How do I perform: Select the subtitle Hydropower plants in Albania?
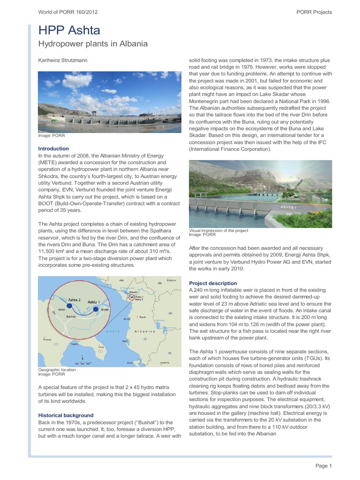[x=93, y=44]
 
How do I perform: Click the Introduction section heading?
[x=53, y=149]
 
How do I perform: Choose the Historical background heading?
[x=65, y=415]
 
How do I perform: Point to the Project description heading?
[x=212, y=284]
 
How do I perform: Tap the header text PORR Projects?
[x=315, y=12]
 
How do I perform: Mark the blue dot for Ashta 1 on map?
[x=96, y=309]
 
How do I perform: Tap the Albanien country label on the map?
[x=145, y=331]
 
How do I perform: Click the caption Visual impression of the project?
[x=218, y=231]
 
